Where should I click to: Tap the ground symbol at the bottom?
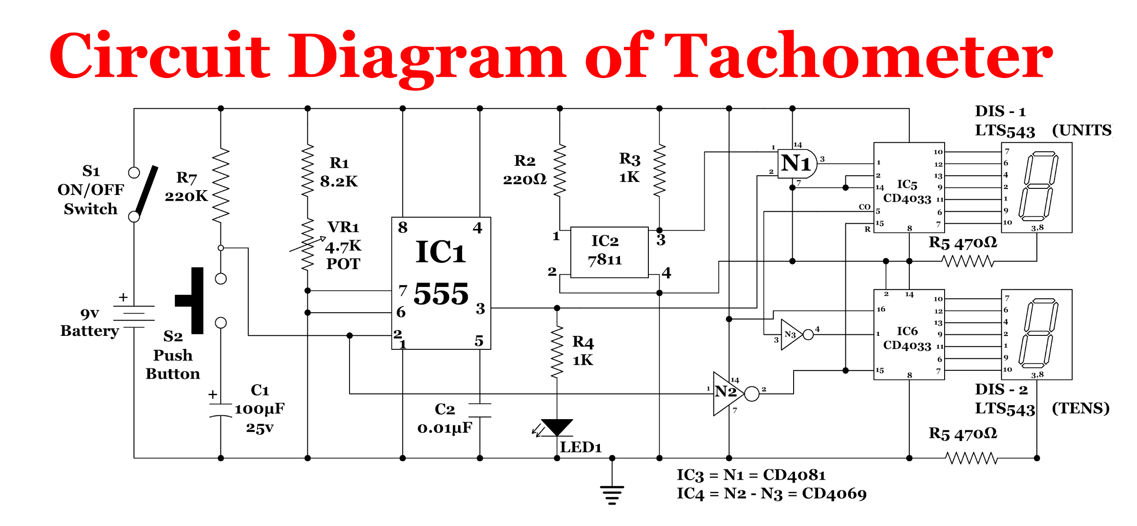[x=612, y=493]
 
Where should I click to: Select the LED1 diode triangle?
[x=557, y=427]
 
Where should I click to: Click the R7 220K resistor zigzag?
[x=221, y=185]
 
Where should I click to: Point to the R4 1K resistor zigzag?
[x=557, y=352]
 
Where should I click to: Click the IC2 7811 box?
[x=609, y=252]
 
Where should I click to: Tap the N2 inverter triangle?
[x=727, y=393]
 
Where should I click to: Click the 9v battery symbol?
[x=134, y=316]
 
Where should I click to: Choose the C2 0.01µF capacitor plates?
[x=480, y=410]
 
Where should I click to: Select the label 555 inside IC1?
[x=441, y=294]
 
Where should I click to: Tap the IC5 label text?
[x=907, y=184]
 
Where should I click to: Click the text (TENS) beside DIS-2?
[x=1080, y=408]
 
